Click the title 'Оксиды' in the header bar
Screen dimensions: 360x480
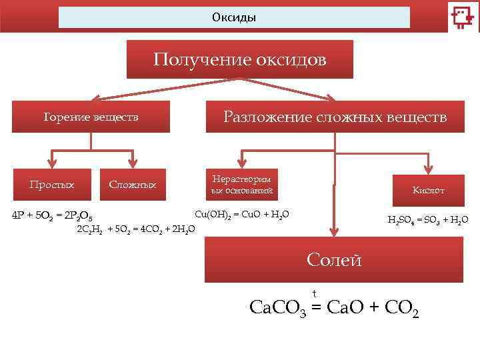(234, 17)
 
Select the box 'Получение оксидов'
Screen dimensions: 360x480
(240, 60)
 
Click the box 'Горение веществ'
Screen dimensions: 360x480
(91, 117)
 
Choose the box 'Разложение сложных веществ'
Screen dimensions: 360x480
(335, 117)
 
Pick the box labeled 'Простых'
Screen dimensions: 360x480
(51, 185)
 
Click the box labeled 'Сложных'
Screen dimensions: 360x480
(133, 185)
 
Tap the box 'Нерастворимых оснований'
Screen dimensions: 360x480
(242, 185)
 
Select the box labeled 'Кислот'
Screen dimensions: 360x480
(428, 191)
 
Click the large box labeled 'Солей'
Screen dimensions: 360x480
(334, 259)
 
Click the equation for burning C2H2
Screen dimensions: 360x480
(137, 229)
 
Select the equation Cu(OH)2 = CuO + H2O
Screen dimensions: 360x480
(241, 215)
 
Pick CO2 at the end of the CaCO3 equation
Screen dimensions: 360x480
(403, 308)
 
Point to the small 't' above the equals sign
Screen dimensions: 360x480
(314, 293)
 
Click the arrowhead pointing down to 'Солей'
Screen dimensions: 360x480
(334, 232)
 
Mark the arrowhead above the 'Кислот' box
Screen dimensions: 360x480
(428, 171)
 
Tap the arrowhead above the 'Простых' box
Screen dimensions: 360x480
(51, 164)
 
